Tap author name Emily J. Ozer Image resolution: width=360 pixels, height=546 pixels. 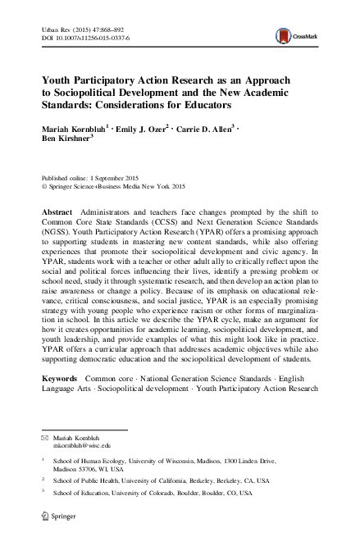point(144,128)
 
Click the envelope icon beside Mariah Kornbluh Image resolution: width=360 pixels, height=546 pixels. point(45,435)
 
